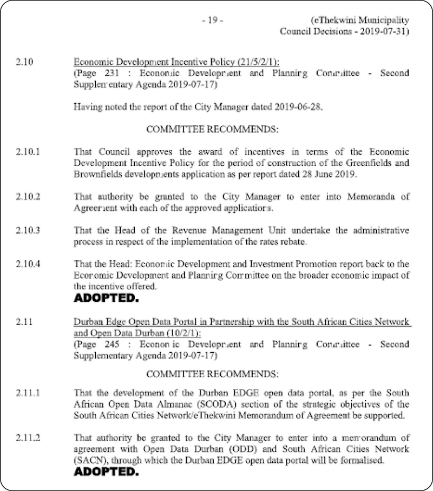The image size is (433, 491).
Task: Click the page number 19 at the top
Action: point(212,21)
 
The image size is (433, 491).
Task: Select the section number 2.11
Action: point(24,322)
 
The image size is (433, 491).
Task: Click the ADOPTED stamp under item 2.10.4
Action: point(106,298)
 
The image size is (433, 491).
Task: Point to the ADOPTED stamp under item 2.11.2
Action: point(106,472)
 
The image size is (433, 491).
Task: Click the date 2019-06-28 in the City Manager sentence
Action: point(298,107)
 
